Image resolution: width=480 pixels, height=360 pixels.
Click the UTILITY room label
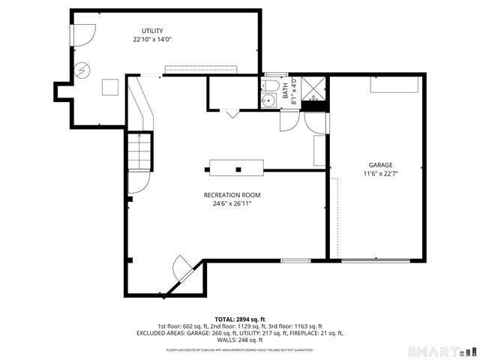point(153,31)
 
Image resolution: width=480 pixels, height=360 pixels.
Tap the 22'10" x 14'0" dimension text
point(153,39)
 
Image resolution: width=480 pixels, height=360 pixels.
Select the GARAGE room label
point(380,165)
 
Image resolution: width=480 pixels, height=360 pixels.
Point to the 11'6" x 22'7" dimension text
point(380,173)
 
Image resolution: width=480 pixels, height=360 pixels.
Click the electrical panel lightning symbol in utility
point(81,71)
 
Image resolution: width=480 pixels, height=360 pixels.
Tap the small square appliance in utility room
point(111,87)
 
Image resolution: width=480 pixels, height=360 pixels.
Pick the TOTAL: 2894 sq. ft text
point(240,319)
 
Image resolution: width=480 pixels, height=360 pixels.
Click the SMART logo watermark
point(441,351)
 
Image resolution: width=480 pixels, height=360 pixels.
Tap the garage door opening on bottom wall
point(375,260)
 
